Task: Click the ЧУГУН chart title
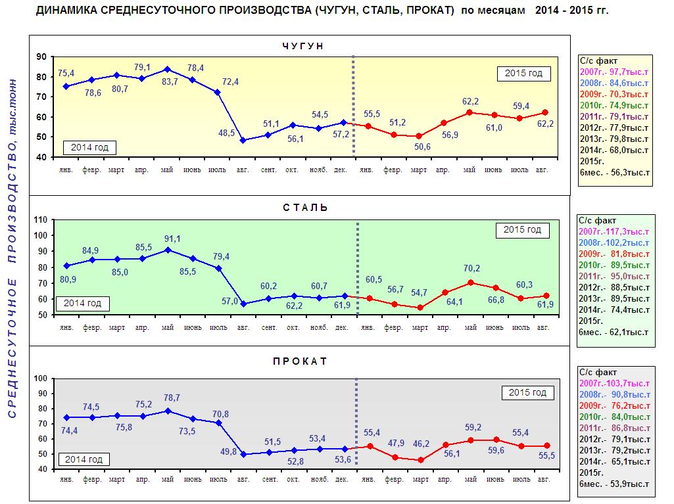point(303,46)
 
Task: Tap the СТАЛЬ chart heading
point(306,208)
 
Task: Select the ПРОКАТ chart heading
point(300,361)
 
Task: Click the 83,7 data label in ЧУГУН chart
point(170,81)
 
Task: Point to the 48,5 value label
point(226,133)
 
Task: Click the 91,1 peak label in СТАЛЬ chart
point(172,239)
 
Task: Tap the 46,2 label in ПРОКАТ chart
point(421,444)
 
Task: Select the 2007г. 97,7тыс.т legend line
point(614,72)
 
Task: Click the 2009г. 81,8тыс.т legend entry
point(614,254)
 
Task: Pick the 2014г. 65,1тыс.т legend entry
point(615,461)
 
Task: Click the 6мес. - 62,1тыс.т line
point(614,332)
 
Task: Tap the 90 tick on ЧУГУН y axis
point(41,57)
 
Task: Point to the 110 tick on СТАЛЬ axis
point(40,219)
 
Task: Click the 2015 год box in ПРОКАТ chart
point(527,393)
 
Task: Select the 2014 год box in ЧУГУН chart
point(89,147)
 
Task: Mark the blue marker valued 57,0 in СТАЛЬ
point(244,304)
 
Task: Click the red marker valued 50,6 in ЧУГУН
point(420,136)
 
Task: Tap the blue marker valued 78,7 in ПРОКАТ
point(168,411)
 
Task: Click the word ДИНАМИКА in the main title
point(66,11)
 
